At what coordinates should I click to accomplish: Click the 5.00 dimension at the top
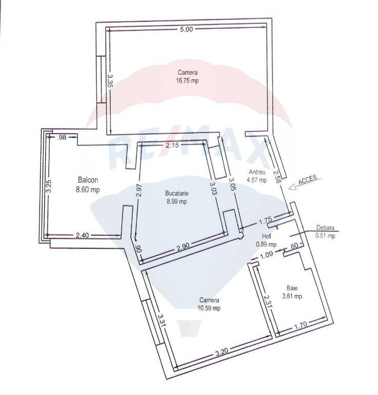[x=186, y=29]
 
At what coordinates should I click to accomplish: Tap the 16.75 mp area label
[x=187, y=81]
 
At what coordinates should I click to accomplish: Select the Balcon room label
[x=88, y=180]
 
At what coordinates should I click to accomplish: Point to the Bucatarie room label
[x=177, y=193]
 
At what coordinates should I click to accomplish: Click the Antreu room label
[x=257, y=172]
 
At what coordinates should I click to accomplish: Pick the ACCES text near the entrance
[x=307, y=180]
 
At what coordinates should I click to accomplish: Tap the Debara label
[x=325, y=228]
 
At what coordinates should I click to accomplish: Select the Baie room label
[x=292, y=288]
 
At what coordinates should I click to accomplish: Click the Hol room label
[x=266, y=236]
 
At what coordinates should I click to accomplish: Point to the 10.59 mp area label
[x=209, y=308]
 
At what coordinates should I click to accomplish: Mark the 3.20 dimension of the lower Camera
[x=221, y=352]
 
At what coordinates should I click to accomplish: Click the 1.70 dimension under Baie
[x=301, y=325]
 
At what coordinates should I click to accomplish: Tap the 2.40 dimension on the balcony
[x=82, y=235]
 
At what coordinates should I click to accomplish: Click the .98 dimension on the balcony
[x=62, y=137]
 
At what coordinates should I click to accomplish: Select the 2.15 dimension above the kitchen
[x=173, y=145]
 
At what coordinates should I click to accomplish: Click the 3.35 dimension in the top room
[x=110, y=81]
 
